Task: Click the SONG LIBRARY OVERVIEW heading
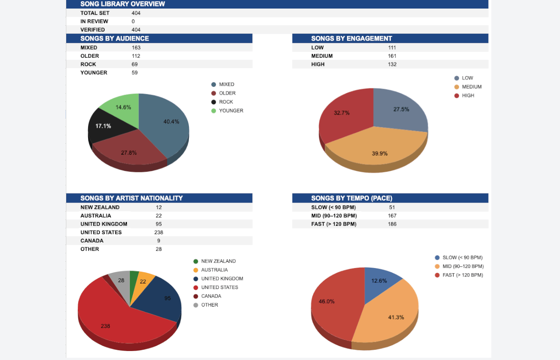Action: pos(122,4)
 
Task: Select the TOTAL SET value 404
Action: pos(136,13)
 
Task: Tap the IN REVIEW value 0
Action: pos(133,21)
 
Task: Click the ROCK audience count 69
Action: pos(135,65)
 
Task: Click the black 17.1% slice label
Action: pos(103,126)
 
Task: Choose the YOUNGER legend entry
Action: pos(231,111)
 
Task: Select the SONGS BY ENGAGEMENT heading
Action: pos(351,38)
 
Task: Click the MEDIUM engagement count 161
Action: pos(392,56)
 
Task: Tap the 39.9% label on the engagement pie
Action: pos(380,153)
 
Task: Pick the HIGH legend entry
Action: pos(468,96)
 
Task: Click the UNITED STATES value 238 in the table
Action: pos(159,233)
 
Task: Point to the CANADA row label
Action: pos(92,241)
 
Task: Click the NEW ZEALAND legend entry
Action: pos(218,261)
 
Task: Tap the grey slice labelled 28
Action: pos(121,280)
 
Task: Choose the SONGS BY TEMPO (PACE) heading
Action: pos(351,198)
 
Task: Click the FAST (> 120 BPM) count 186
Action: pos(392,224)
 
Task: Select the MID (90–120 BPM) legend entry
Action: pos(463,266)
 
